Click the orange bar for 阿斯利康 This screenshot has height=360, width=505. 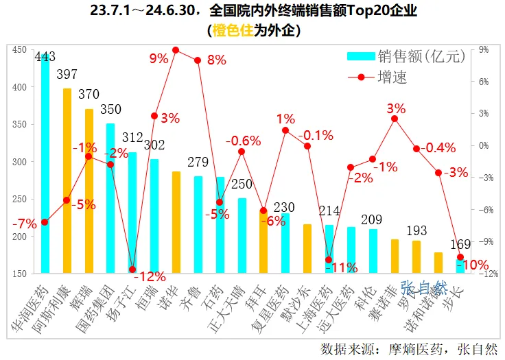[x=67, y=181]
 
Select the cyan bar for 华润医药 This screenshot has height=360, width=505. [x=45, y=165]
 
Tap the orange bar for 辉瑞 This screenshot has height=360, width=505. [x=89, y=191]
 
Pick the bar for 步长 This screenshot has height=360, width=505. [x=460, y=267]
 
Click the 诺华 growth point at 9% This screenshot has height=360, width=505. [x=176, y=50]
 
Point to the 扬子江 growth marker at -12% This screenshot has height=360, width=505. [x=132, y=269]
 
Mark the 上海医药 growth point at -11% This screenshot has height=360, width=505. [x=329, y=260]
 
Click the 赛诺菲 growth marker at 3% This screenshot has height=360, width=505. [x=395, y=119]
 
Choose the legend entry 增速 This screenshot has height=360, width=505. [x=392, y=77]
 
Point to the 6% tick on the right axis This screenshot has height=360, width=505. [x=484, y=82]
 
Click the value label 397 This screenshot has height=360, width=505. [x=67, y=73]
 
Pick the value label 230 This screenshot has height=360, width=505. [x=285, y=206]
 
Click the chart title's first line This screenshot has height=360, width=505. [x=253, y=12]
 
